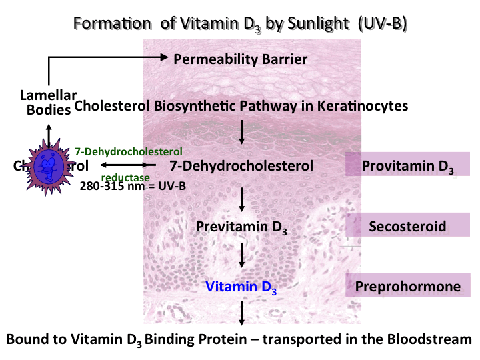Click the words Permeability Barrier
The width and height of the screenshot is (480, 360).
point(240,59)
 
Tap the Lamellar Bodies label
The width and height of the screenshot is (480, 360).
point(48,103)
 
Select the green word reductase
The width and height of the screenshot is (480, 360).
point(125,177)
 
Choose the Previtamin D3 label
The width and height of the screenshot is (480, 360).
point(241,227)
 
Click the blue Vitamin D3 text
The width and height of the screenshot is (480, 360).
point(241,287)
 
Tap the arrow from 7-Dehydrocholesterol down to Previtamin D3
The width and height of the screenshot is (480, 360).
point(242,197)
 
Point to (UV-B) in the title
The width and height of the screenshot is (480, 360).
point(382,23)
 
